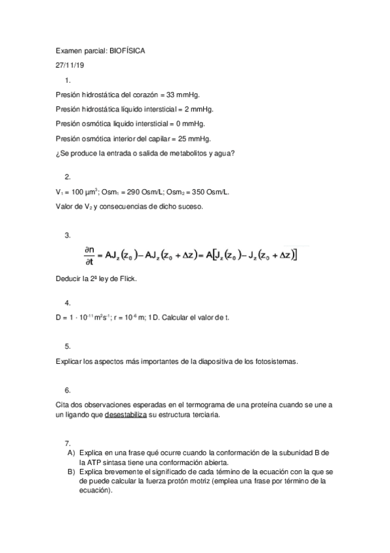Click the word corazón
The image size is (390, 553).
coord(142,95)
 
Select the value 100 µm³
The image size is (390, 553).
coord(83,192)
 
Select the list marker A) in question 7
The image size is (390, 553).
coord(71,453)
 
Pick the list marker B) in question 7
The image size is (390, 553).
coord(71,471)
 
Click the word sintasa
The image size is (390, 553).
coord(118,462)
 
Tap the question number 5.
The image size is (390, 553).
coord(68,346)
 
